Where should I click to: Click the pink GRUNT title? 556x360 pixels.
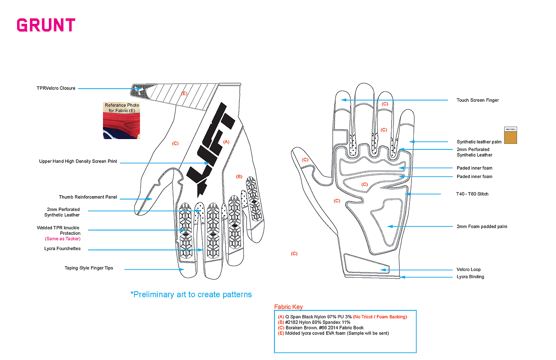46,25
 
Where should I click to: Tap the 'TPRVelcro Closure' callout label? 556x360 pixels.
56,88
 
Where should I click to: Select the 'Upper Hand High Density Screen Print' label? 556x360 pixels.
78,161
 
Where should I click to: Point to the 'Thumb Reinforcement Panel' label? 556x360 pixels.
88,197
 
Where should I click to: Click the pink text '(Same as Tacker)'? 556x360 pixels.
63,239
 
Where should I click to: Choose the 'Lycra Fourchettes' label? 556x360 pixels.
62,249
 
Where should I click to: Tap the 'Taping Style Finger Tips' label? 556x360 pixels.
89,268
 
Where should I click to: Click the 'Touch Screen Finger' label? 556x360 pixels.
477,101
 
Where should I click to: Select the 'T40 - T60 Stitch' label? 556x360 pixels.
472,194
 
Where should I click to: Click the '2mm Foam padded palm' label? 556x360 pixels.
482,227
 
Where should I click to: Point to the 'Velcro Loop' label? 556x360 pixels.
469,270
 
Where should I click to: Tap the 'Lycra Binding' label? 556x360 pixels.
470,277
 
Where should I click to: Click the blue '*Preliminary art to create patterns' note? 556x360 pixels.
191,294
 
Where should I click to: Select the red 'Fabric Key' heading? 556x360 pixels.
288,307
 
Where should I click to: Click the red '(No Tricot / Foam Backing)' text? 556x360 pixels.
380,317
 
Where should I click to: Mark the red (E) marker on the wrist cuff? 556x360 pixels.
184,94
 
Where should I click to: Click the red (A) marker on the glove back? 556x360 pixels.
226,142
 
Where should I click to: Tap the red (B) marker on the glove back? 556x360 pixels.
239,177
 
